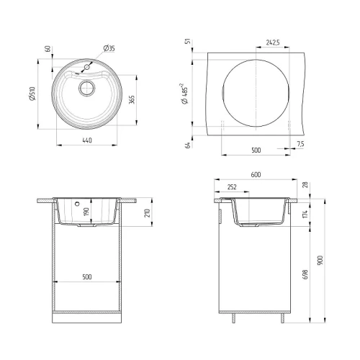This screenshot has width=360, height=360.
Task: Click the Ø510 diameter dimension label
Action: [x=32, y=94]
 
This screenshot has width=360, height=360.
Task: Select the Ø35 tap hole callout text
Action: [x=109, y=48]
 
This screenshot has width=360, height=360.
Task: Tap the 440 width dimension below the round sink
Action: [x=87, y=140]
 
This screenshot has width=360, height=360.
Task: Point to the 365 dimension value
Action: [x=132, y=99]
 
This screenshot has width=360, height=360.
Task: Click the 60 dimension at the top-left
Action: [x=48, y=49]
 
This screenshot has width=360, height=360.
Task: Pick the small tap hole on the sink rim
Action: [x=87, y=67]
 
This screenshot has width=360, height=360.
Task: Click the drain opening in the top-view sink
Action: [x=87, y=88]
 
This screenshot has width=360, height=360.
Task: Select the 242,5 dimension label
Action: [x=273, y=42]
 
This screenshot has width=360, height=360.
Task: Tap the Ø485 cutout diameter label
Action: [x=185, y=94]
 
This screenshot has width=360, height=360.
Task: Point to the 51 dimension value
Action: [x=189, y=41]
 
